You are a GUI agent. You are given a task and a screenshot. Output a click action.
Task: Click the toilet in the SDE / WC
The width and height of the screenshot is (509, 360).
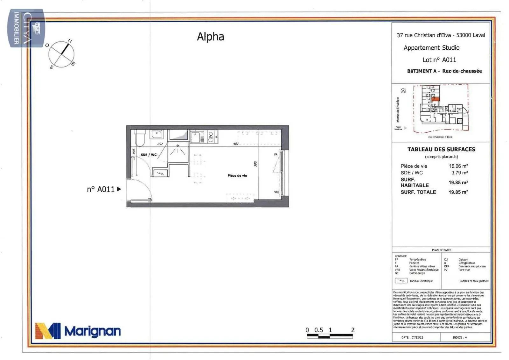(139, 138)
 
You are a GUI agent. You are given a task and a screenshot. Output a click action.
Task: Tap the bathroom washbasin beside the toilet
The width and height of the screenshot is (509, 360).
(156, 135)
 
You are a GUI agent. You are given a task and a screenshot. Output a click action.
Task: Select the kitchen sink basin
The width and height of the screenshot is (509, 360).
(195, 138)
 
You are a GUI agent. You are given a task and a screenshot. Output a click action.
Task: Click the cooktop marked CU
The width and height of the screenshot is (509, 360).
(211, 137)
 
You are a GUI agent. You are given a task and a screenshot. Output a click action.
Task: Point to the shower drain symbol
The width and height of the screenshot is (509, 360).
(178, 146)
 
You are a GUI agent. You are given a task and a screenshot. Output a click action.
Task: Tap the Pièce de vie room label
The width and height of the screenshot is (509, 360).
(237, 175)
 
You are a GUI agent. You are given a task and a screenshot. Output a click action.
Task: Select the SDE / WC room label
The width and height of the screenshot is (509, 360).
(149, 155)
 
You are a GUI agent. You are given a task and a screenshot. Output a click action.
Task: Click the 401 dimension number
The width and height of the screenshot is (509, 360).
(236, 144)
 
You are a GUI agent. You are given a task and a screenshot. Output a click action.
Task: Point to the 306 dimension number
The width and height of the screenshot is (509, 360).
(255, 164)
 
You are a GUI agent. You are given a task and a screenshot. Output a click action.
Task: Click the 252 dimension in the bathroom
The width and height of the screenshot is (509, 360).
(160, 144)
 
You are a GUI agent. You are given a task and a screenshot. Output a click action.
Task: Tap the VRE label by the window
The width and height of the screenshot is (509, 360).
(276, 192)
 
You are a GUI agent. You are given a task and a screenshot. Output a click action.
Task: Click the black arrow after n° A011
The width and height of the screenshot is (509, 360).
(119, 189)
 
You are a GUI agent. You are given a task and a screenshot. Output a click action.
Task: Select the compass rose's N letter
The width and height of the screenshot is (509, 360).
(70, 41)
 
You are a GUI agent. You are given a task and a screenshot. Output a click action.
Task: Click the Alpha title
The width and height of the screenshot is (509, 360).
(210, 37)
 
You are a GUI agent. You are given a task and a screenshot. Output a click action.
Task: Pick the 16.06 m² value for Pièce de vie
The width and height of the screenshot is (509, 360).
(458, 166)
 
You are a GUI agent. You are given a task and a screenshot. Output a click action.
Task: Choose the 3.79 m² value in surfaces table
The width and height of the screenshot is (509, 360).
(459, 173)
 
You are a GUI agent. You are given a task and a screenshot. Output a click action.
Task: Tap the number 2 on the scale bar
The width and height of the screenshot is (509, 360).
(352, 330)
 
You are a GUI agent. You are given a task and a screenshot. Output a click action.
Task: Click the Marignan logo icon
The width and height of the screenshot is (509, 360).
(48, 331)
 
